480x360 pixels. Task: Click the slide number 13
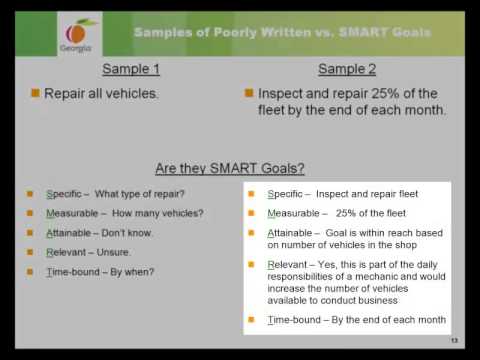454,341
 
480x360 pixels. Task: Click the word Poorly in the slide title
231,32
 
